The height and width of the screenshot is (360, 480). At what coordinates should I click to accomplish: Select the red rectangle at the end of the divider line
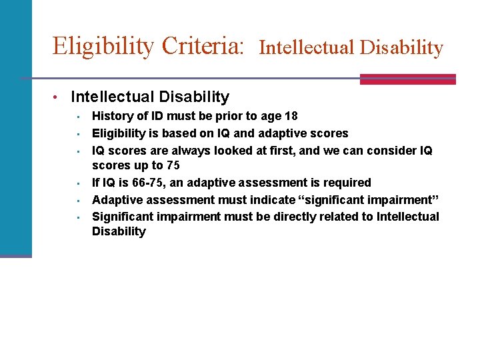tap(407, 79)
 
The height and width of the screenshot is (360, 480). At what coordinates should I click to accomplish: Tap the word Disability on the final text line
tap(119, 231)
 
